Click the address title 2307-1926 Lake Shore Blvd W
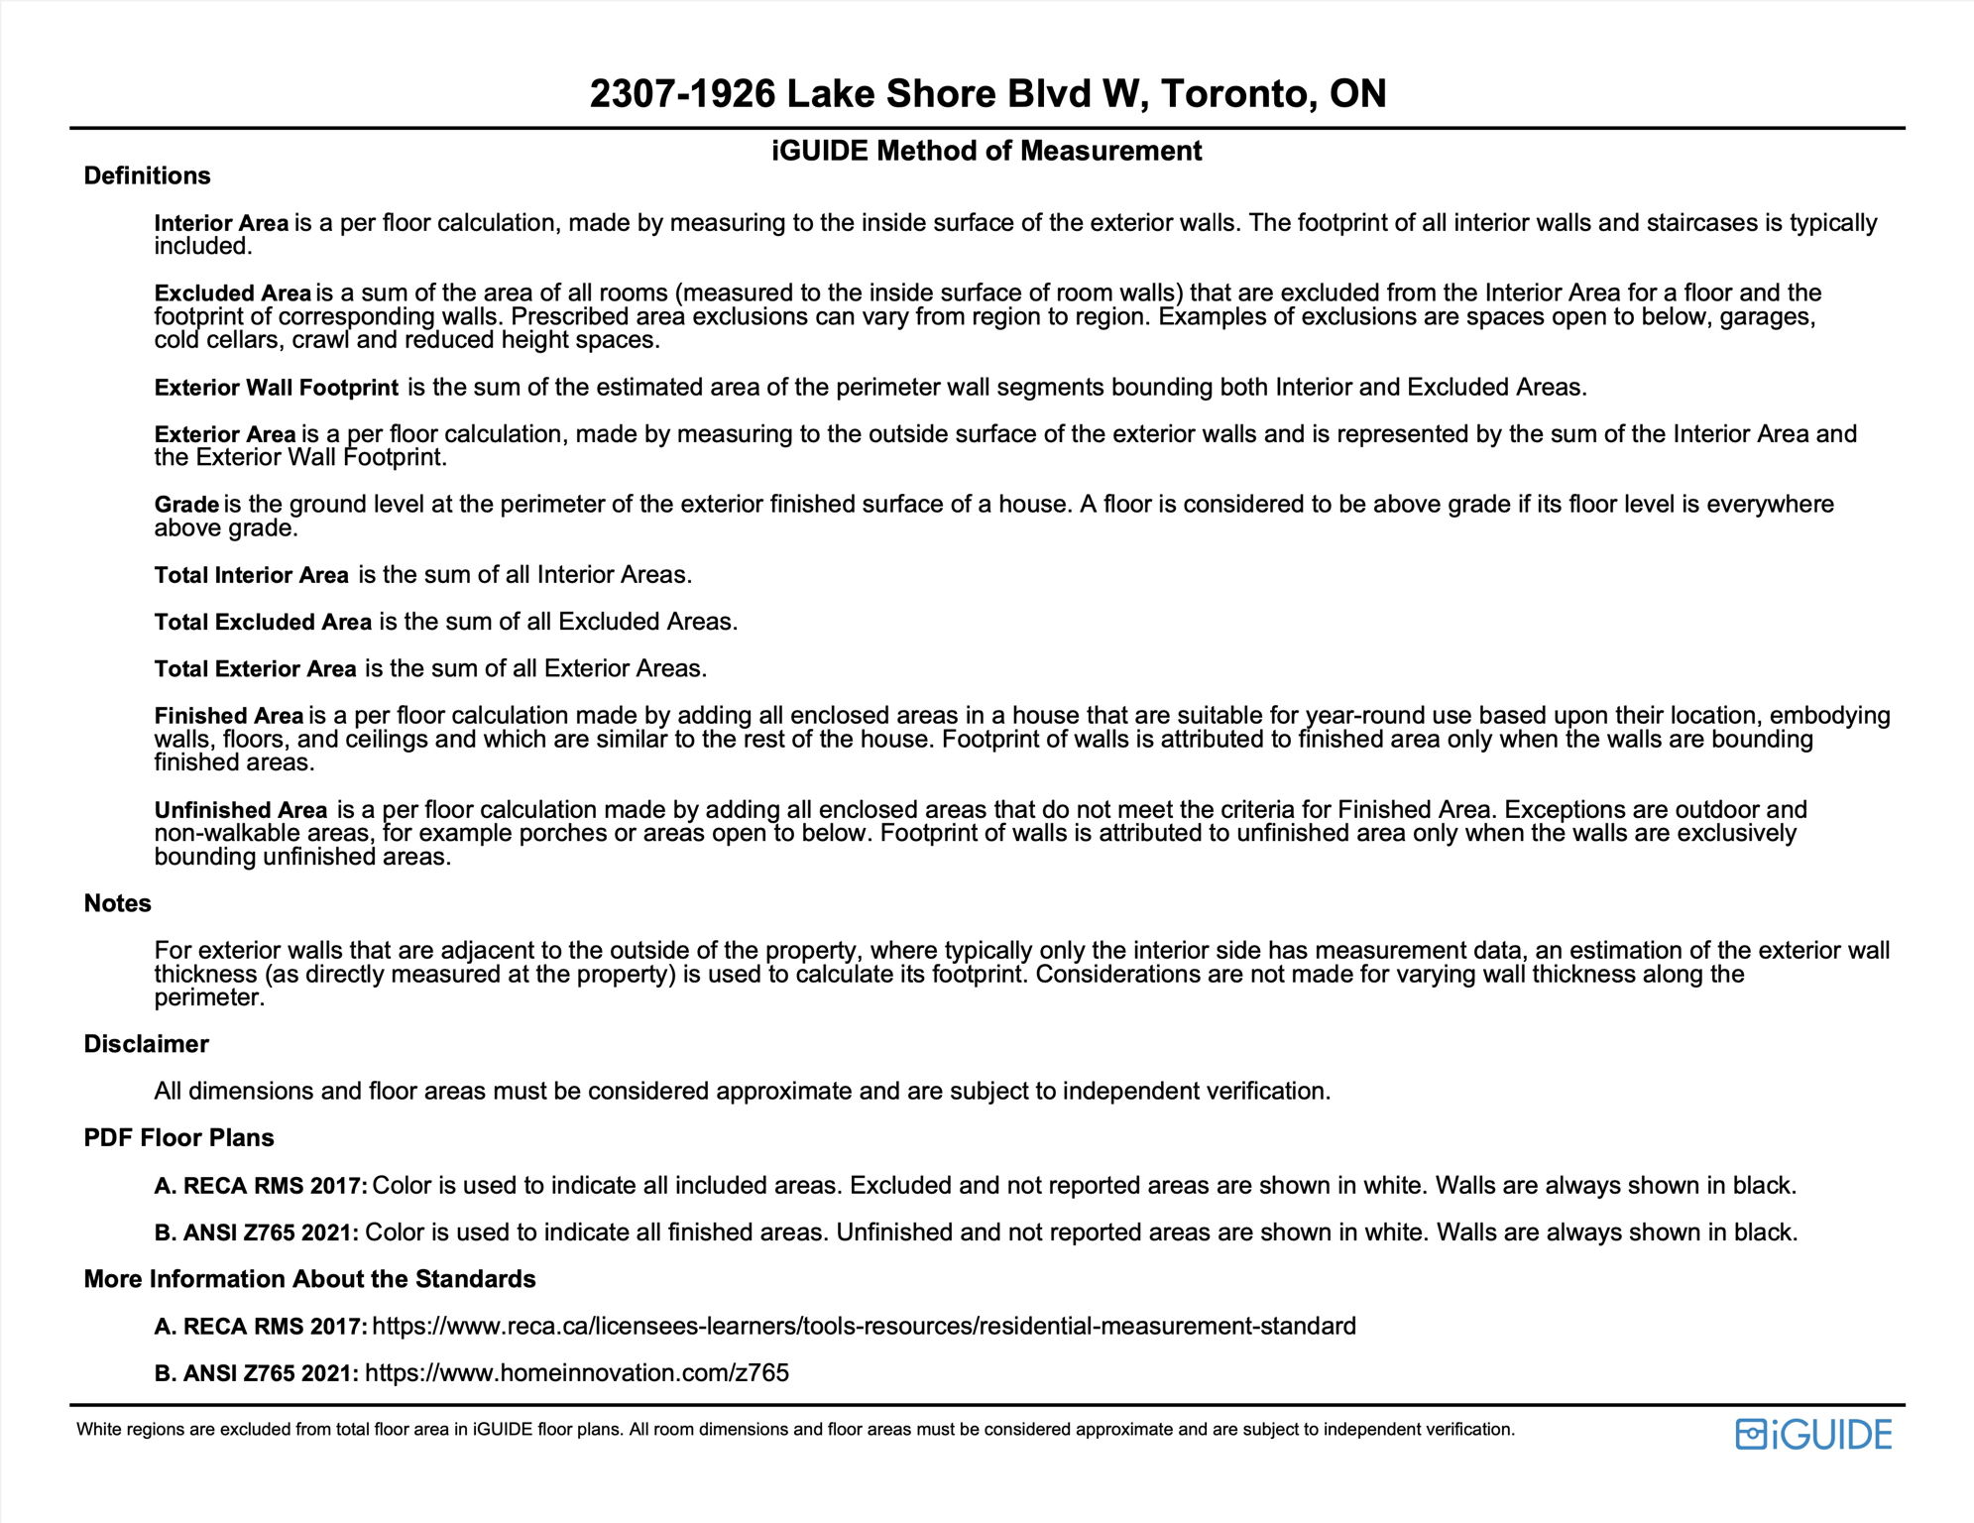click(x=987, y=94)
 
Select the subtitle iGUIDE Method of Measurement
click(x=987, y=151)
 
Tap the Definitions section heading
click(x=147, y=176)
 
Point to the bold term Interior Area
click(x=221, y=223)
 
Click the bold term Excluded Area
click(x=233, y=293)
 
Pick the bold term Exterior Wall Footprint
click(x=277, y=388)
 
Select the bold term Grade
click(x=186, y=505)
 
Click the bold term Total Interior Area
click(x=252, y=575)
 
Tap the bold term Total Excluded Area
click(x=263, y=622)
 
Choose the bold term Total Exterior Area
click(x=255, y=669)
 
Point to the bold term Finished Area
click(x=229, y=716)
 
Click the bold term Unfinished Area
click(x=241, y=810)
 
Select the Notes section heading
click(x=117, y=903)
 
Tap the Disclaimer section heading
click(x=146, y=1044)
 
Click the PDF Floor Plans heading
click(x=178, y=1137)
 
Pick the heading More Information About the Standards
click(x=309, y=1279)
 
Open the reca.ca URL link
click(x=864, y=1327)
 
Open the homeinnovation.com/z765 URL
click(x=577, y=1373)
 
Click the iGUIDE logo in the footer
click(x=1812, y=1435)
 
